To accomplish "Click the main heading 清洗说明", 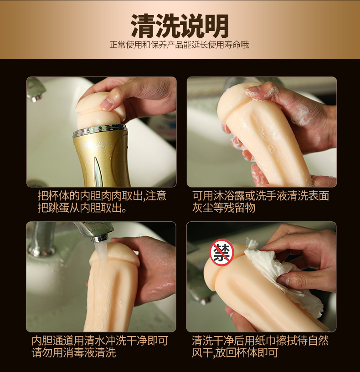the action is click(180, 26).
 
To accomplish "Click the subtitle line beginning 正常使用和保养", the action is click(179, 45).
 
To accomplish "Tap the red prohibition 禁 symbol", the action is click(222, 252).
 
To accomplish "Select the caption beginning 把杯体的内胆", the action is click(102, 196).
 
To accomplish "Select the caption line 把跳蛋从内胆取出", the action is click(82, 208).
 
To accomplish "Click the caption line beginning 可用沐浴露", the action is click(261, 196).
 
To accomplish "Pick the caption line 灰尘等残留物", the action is click(224, 208).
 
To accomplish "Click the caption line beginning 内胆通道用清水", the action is click(100, 341).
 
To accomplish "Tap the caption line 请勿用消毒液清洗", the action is click(74, 352).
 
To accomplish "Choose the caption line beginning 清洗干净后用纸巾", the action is click(260, 341).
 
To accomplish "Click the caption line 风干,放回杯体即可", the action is click(235, 352).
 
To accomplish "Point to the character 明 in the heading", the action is click(217, 26).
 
